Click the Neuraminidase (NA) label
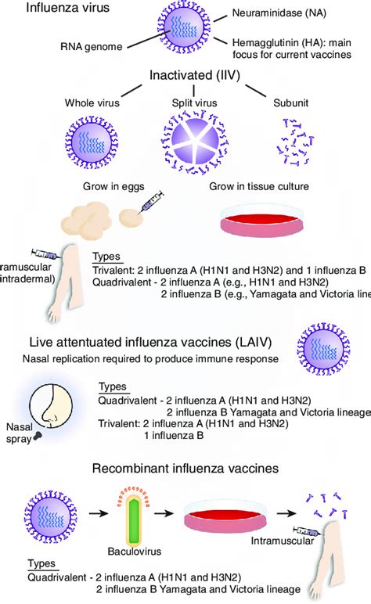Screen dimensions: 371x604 coord(279,13)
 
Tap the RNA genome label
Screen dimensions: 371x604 coord(92,47)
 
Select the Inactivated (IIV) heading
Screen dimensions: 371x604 coord(195,75)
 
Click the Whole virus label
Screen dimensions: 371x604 coord(92,102)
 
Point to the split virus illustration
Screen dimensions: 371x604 coord(194,142)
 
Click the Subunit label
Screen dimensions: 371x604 coord(291,102)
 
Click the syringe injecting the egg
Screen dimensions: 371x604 coord(152,201)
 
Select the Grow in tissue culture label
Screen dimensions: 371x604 coord(259,186)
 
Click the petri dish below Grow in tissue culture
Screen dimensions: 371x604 coord(262,219)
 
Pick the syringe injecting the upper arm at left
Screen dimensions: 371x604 coord(45,253)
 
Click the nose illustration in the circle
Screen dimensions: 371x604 coord(51,405)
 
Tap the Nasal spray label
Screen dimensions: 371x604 coord(20,433)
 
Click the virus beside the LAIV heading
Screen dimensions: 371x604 coord(323,349)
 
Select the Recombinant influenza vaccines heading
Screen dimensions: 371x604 coord(185,469)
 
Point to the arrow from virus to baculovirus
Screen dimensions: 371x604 coord(99,513)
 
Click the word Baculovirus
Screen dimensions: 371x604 coord(135,552)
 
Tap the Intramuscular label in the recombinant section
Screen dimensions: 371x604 coord(283,541)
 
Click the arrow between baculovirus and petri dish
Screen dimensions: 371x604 coord(164,513)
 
